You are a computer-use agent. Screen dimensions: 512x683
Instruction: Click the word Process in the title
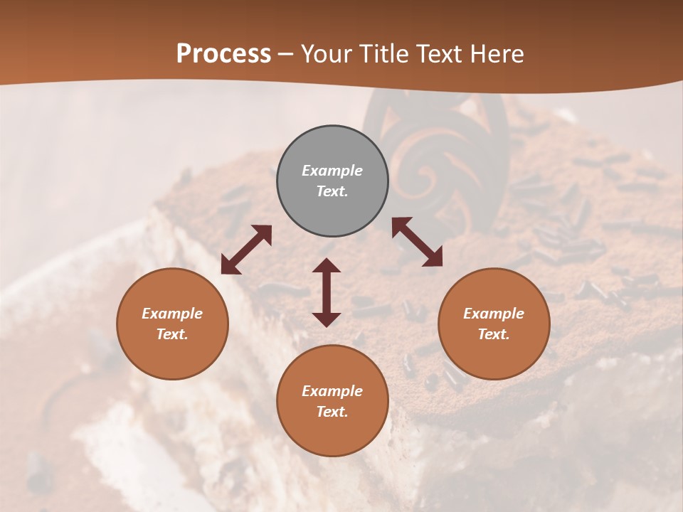pos(223,54)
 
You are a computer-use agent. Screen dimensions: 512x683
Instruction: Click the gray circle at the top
pos(332,181)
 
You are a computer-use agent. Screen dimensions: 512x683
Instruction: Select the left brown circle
pos(172,324)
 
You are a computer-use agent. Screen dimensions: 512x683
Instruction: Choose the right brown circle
pos(494,324)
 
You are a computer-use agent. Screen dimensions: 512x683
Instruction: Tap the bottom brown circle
pos(332,400)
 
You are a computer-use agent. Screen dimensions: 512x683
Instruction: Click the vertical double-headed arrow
pos(327,292)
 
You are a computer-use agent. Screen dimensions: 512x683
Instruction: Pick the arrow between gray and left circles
pos(246,250)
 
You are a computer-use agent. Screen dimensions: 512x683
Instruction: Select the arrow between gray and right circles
pos(418,242)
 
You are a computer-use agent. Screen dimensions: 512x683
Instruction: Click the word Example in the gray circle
pos(332,171)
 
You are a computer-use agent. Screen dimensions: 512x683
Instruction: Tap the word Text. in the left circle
pos(172,334)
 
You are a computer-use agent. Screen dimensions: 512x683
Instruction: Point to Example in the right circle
pos(494,314)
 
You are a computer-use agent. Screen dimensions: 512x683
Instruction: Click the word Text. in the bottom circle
pos(332,412)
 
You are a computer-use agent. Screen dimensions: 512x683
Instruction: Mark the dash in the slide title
pos(285,55)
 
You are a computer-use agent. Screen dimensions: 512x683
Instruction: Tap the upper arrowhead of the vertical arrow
pos(327,266)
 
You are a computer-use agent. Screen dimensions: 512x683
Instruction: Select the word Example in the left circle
pos(172,314)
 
